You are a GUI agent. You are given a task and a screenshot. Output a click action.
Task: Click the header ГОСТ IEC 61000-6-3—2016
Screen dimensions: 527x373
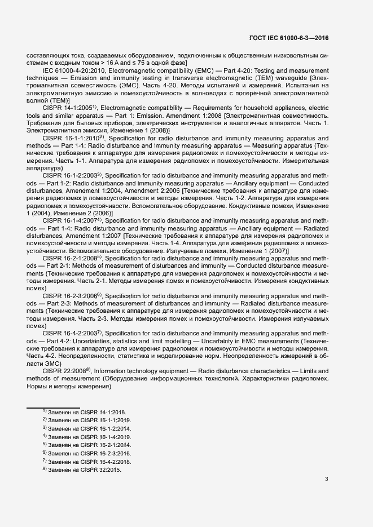pyautogui.click(x=288, y=38)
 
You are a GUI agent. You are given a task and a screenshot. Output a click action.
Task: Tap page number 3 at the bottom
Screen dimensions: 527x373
pyautogui.click(x=327, y=480)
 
